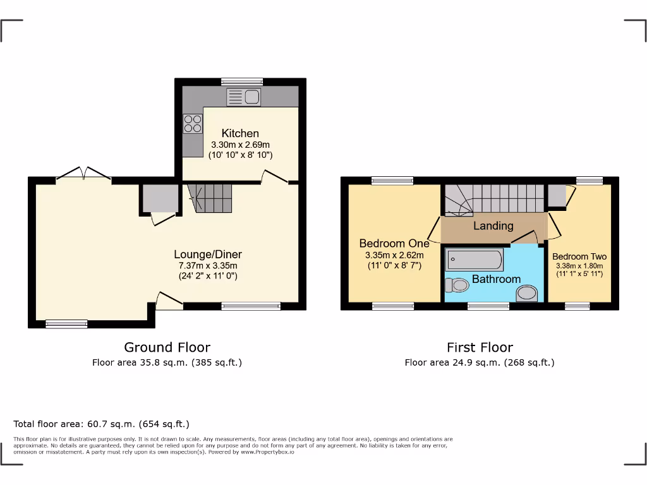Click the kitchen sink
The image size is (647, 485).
(x=243, y=97)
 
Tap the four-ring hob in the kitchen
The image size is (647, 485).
(x=193, y=123)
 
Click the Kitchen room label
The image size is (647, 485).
(x=240, y=133)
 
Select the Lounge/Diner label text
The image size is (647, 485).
(x=208, y=254)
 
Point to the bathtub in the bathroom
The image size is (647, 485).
(x=474, y=260)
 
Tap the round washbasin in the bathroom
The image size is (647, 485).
(x=526, y=293)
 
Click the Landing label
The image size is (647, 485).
(x=493, y=225)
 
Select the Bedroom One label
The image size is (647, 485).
(x=394, y=243)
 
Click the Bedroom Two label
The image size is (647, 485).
(x=579, y=256)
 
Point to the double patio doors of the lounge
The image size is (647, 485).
(x=83, y=174)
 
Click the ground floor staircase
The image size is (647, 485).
(x=211, y=198)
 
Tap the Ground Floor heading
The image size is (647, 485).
(x=167, y=347)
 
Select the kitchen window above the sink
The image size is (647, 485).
(x=242, y=81)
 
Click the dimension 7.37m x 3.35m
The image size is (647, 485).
(x=208, y=266)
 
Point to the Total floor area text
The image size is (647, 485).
(x=101, y=424)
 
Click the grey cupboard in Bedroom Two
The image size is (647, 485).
(x=557, y=196)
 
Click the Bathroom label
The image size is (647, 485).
(x=496, y=278)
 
